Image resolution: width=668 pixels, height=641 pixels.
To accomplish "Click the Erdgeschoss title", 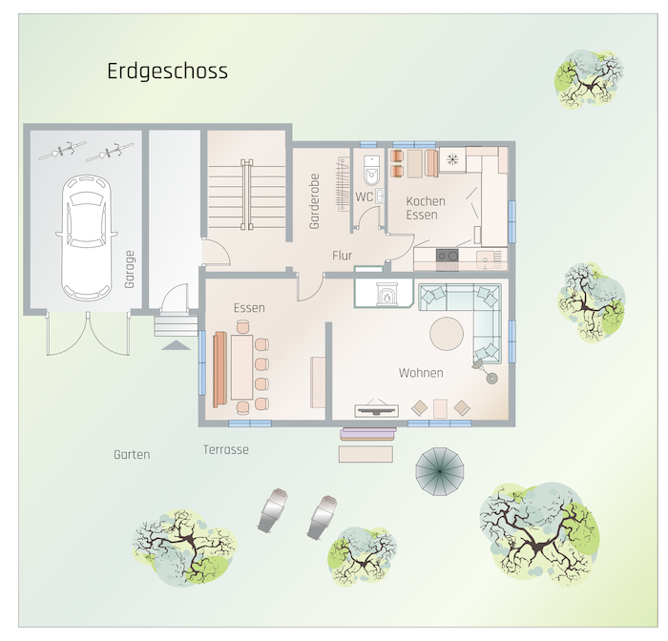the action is point(167,72).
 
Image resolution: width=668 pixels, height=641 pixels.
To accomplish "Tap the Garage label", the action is point(130,269).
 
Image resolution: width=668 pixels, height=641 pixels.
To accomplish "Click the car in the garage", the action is point(87,238).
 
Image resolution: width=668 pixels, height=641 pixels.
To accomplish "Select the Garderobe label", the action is point(314,201).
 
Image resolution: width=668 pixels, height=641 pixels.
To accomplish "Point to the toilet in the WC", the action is point(371,171).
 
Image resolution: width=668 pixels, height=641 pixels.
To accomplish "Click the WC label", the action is point(365,196).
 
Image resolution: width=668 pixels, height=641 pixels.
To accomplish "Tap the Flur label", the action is point(342,256).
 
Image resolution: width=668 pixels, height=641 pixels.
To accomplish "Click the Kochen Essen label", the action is point(426,208).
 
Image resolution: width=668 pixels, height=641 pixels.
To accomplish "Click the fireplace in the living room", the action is point(386,294).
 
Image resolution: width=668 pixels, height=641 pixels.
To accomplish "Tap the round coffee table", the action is point(446,334).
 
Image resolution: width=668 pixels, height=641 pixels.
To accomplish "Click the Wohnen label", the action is point(421,373).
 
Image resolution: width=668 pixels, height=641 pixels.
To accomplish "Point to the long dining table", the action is point(242,366).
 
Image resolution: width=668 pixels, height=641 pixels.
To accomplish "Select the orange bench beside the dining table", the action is point(219,369).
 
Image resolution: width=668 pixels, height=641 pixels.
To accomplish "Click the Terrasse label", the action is point(226,450).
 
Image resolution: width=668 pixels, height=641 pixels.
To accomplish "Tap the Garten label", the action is point(132,454).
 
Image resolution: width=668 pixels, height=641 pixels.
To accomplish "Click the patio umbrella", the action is point(440,471).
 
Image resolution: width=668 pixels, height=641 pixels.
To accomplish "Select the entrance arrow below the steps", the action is point(176,345).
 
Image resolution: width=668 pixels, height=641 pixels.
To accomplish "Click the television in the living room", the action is point(377,410).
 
